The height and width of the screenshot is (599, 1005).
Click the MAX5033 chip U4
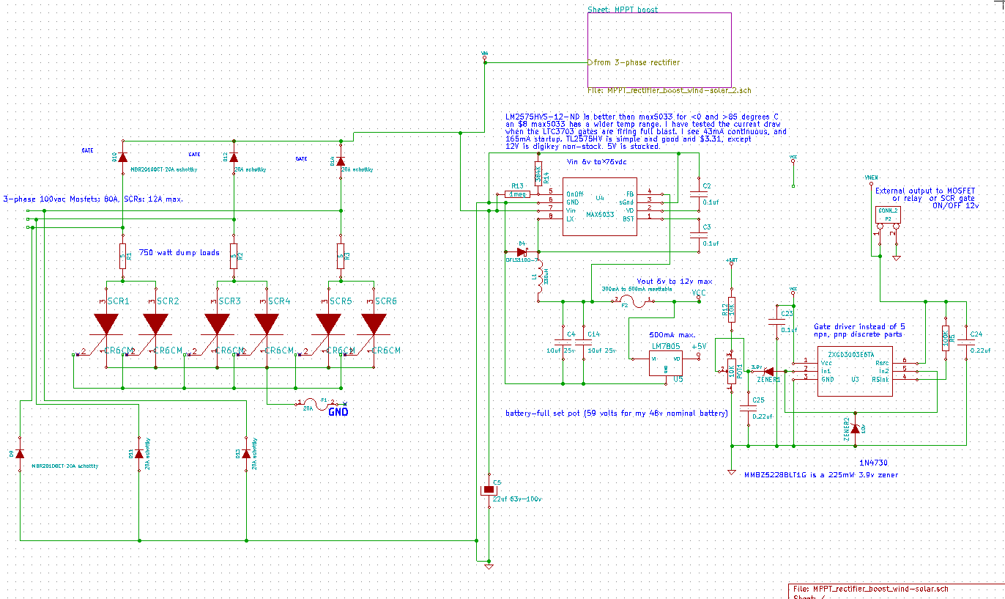coord(599,207)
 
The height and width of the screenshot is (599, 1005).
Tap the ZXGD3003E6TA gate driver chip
coord(854,370)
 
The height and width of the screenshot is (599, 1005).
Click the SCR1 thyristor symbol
coord(107,323)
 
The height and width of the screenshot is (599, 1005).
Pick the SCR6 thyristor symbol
coord(374,323)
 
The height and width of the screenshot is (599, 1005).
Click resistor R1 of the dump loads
coord(123,255)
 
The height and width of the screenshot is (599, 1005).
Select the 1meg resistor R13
coord(519,194)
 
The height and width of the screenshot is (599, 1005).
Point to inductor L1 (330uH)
coord(540,279)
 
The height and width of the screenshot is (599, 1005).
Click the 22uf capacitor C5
coord(488,490)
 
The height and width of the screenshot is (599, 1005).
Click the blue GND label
coord(338,412)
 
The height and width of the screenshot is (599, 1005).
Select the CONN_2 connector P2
coord(888,218)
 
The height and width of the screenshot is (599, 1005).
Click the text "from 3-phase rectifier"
coord(636,62)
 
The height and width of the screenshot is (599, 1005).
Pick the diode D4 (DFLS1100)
coord(522,251)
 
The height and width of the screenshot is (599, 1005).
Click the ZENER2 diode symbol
coord(855,427)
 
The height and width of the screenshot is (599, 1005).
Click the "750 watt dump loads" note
coord(179,252)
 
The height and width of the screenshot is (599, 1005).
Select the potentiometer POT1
coord(731,372)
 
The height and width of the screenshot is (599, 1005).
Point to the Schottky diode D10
coord(122,157)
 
